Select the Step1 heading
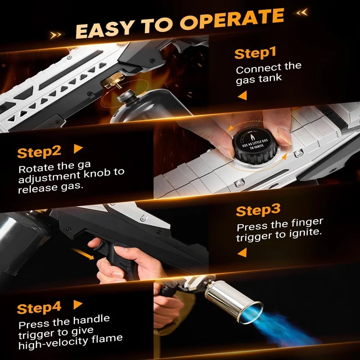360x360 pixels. tap(255, 54)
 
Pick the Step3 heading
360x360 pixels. tap(258, 210)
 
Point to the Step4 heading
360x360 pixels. tap(39, 308)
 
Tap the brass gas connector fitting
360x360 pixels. tap(112, 81)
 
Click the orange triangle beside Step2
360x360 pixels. tap(78, 149)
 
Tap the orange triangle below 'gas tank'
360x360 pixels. tap(243, 95)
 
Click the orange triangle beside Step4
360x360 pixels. tap(77, 305)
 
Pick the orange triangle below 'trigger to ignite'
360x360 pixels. tap(242, 252)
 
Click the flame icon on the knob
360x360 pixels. tap(252, 137)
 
